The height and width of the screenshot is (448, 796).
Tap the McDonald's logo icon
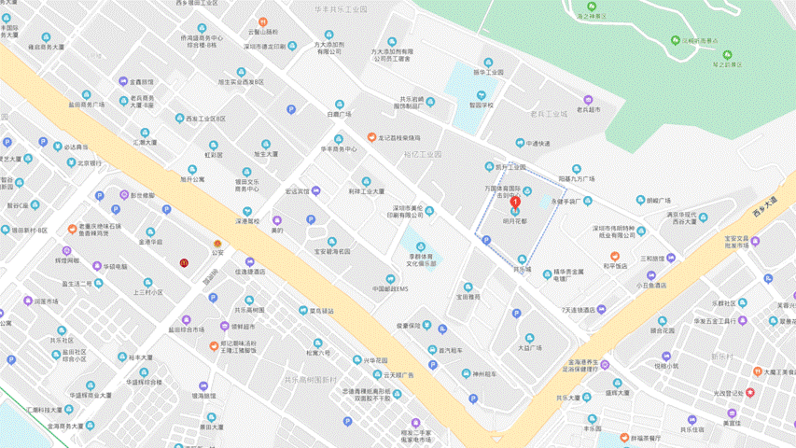coord(184,262)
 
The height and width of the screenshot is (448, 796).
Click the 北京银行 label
coord(89,163)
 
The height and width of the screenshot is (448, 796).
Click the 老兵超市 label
coord(587,109)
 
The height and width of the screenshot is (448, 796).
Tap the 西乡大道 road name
coord(764,206)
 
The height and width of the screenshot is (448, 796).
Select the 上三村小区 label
coord(148,291)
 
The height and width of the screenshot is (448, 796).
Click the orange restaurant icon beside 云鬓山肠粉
coord(264,21)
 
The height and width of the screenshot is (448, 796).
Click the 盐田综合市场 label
coord(186,329)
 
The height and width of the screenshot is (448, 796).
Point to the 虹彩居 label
coord(214,154)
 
